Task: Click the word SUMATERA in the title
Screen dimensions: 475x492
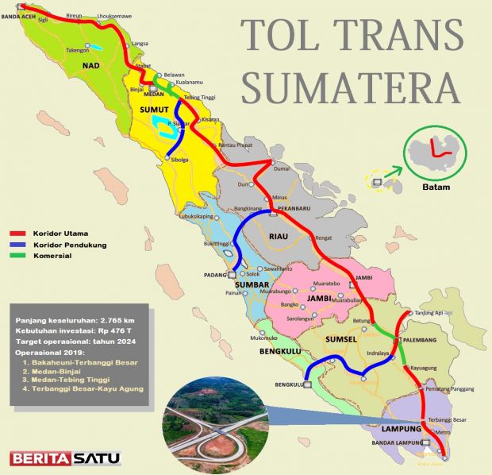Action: click(350, 86)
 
